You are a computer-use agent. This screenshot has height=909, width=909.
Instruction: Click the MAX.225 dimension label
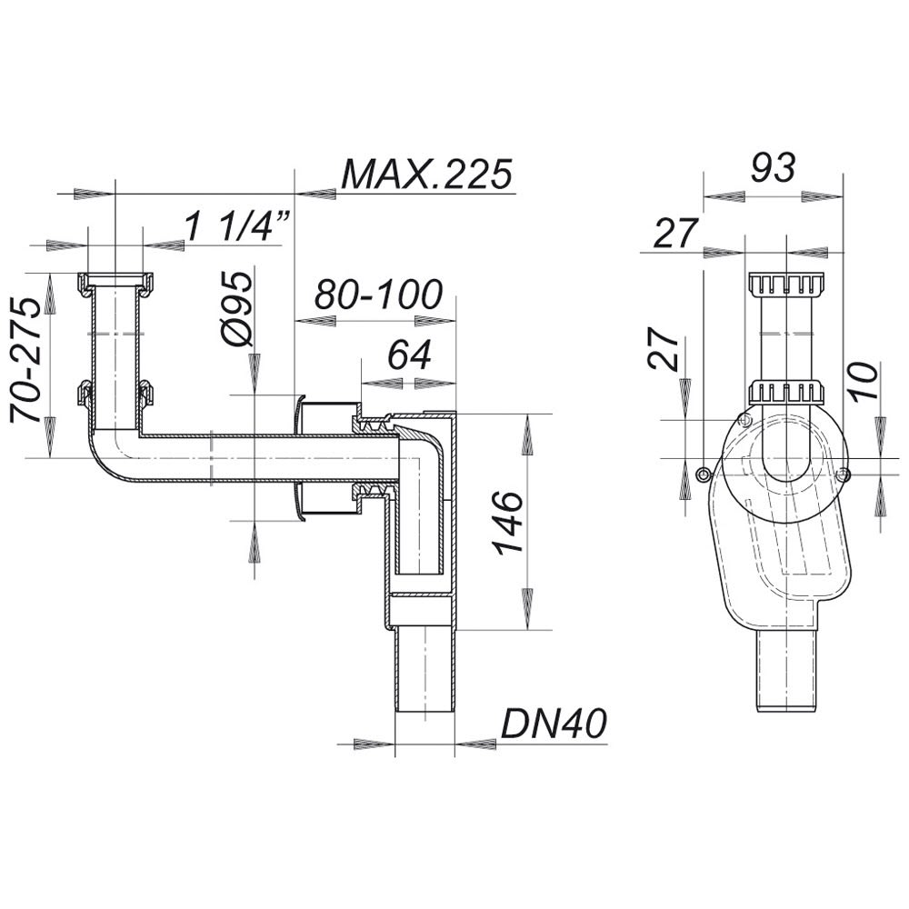[427, 174]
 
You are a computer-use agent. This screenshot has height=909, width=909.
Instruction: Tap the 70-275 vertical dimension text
[26, 360]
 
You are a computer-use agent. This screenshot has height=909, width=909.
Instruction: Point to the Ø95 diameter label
[237, 309]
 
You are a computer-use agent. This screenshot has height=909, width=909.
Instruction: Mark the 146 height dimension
[508, 524]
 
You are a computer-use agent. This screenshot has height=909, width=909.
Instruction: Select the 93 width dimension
[774, 167]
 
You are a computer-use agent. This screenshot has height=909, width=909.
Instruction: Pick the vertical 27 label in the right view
[664, 350]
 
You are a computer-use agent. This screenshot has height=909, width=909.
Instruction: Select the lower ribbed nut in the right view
[786, 393]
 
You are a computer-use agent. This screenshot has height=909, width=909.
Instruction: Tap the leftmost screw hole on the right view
[704, 474]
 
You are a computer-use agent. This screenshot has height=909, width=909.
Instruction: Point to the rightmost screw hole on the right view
[844, 474]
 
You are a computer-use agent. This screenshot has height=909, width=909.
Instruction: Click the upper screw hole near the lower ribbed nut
[745, 419]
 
